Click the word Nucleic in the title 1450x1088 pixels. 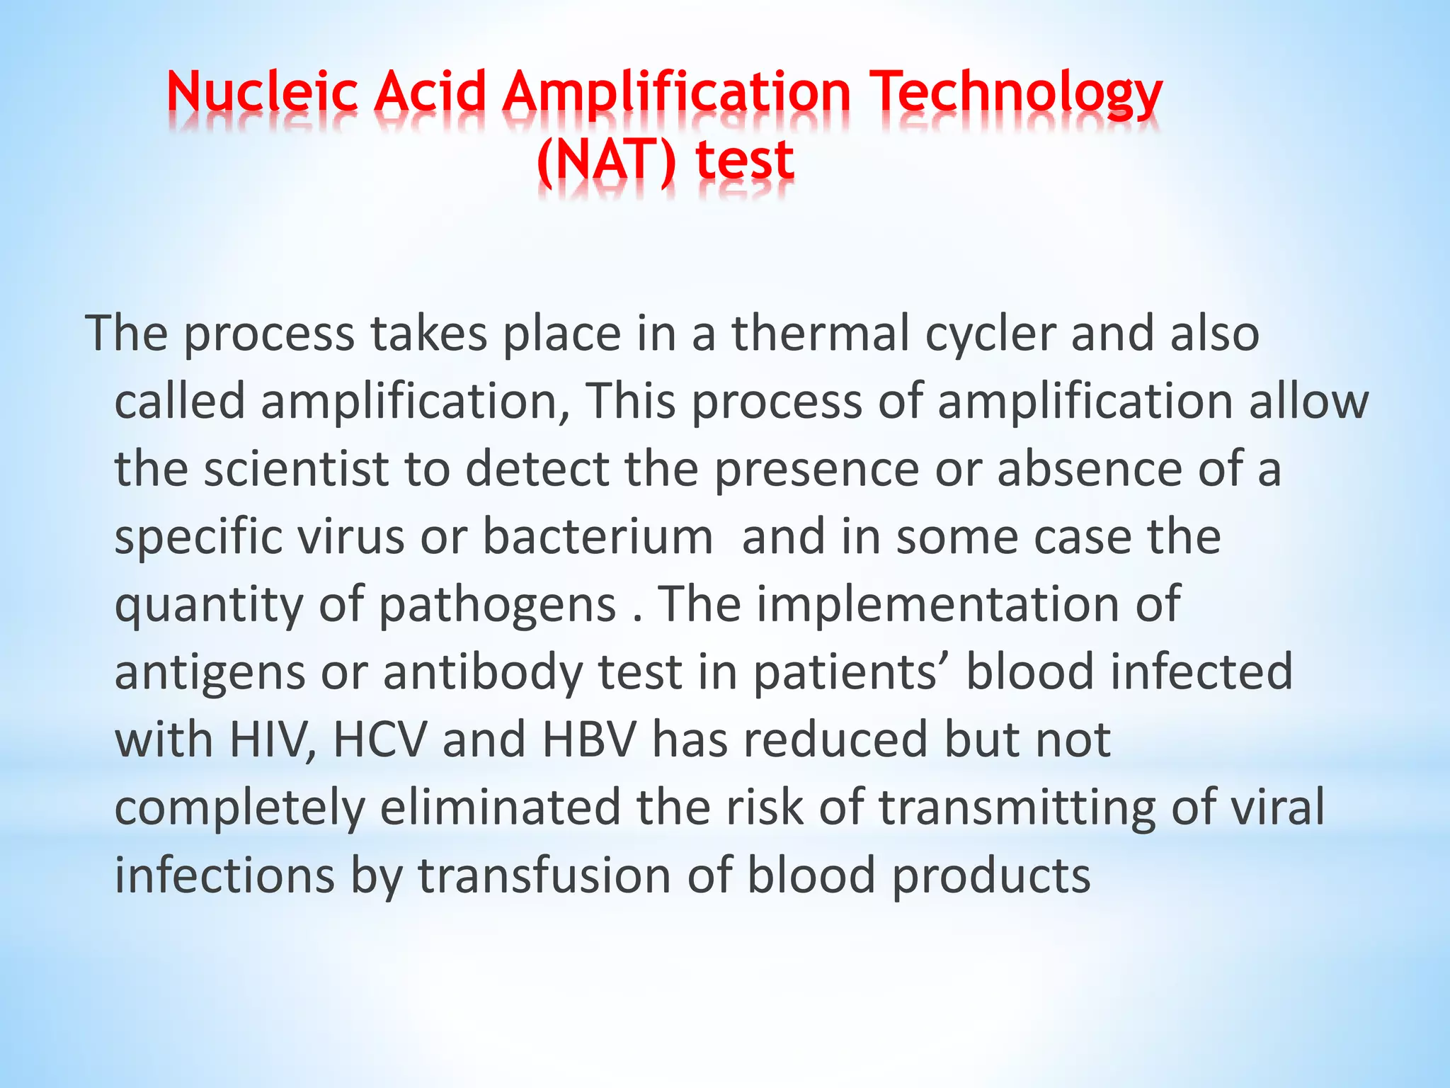click(x=262, y=93)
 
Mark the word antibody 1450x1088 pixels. click(x=483, y=672)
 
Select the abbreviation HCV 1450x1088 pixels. click(x=380, y=739)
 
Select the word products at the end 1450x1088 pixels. click(x=991, y=875)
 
